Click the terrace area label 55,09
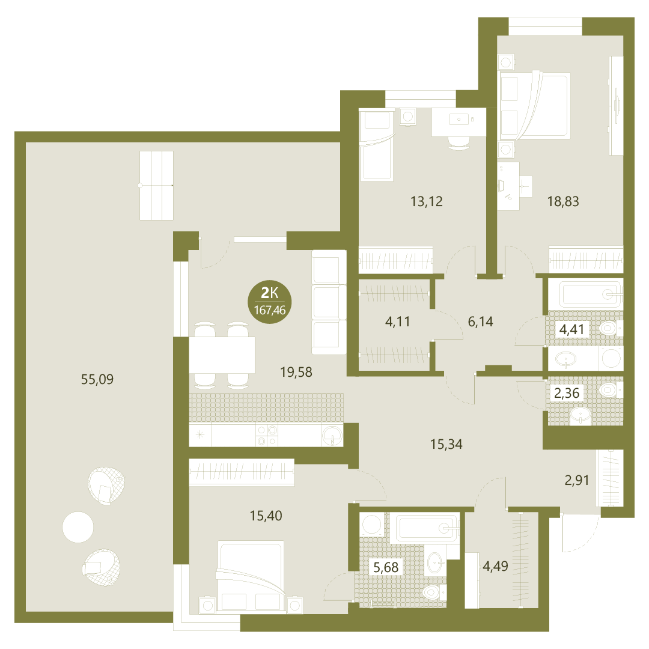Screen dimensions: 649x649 pyautogui.click(x=97, y=379)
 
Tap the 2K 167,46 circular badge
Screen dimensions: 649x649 pyautogui.click(x=269, y=301)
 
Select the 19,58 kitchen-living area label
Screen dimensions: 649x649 pyautogui.click(x=296, y=372)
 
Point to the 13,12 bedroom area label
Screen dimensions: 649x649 pyautogui.click(x=426, y=201)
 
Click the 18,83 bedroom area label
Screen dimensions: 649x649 pyautogui.click(x=563, y=201)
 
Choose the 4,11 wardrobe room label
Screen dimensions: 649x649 pyautogui.click(x=397, y=321)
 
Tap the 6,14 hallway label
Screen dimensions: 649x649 pyautogui.click(x=480, y=321)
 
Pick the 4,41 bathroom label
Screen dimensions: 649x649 pyautogui.click(x=571, y=329)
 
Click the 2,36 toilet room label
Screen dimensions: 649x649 pyautogui.click(x=567, y=393)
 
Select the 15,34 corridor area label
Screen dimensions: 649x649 pyautogui.click(x=446, y=445)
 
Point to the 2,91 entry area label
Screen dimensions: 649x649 pyautogui.click(x=576, y=481)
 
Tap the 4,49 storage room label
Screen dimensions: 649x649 pyautogui.click(x=495, y=566)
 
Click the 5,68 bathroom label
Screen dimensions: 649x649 pyautogui.click(x=386, y=567)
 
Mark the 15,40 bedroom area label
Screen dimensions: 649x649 pyautogui.click(x=266, y=516)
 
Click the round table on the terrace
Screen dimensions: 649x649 pyautogui.click(x=78, y=528)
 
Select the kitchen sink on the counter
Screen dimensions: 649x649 pyautogui.click(x=332, y=435)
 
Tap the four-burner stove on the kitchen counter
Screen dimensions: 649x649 pyautogui.click(x=267, y=436)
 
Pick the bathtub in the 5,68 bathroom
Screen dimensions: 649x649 pyautogui.click(x=425, y=528)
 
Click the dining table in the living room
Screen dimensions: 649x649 pyautogui.click(x=221, y=355)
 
